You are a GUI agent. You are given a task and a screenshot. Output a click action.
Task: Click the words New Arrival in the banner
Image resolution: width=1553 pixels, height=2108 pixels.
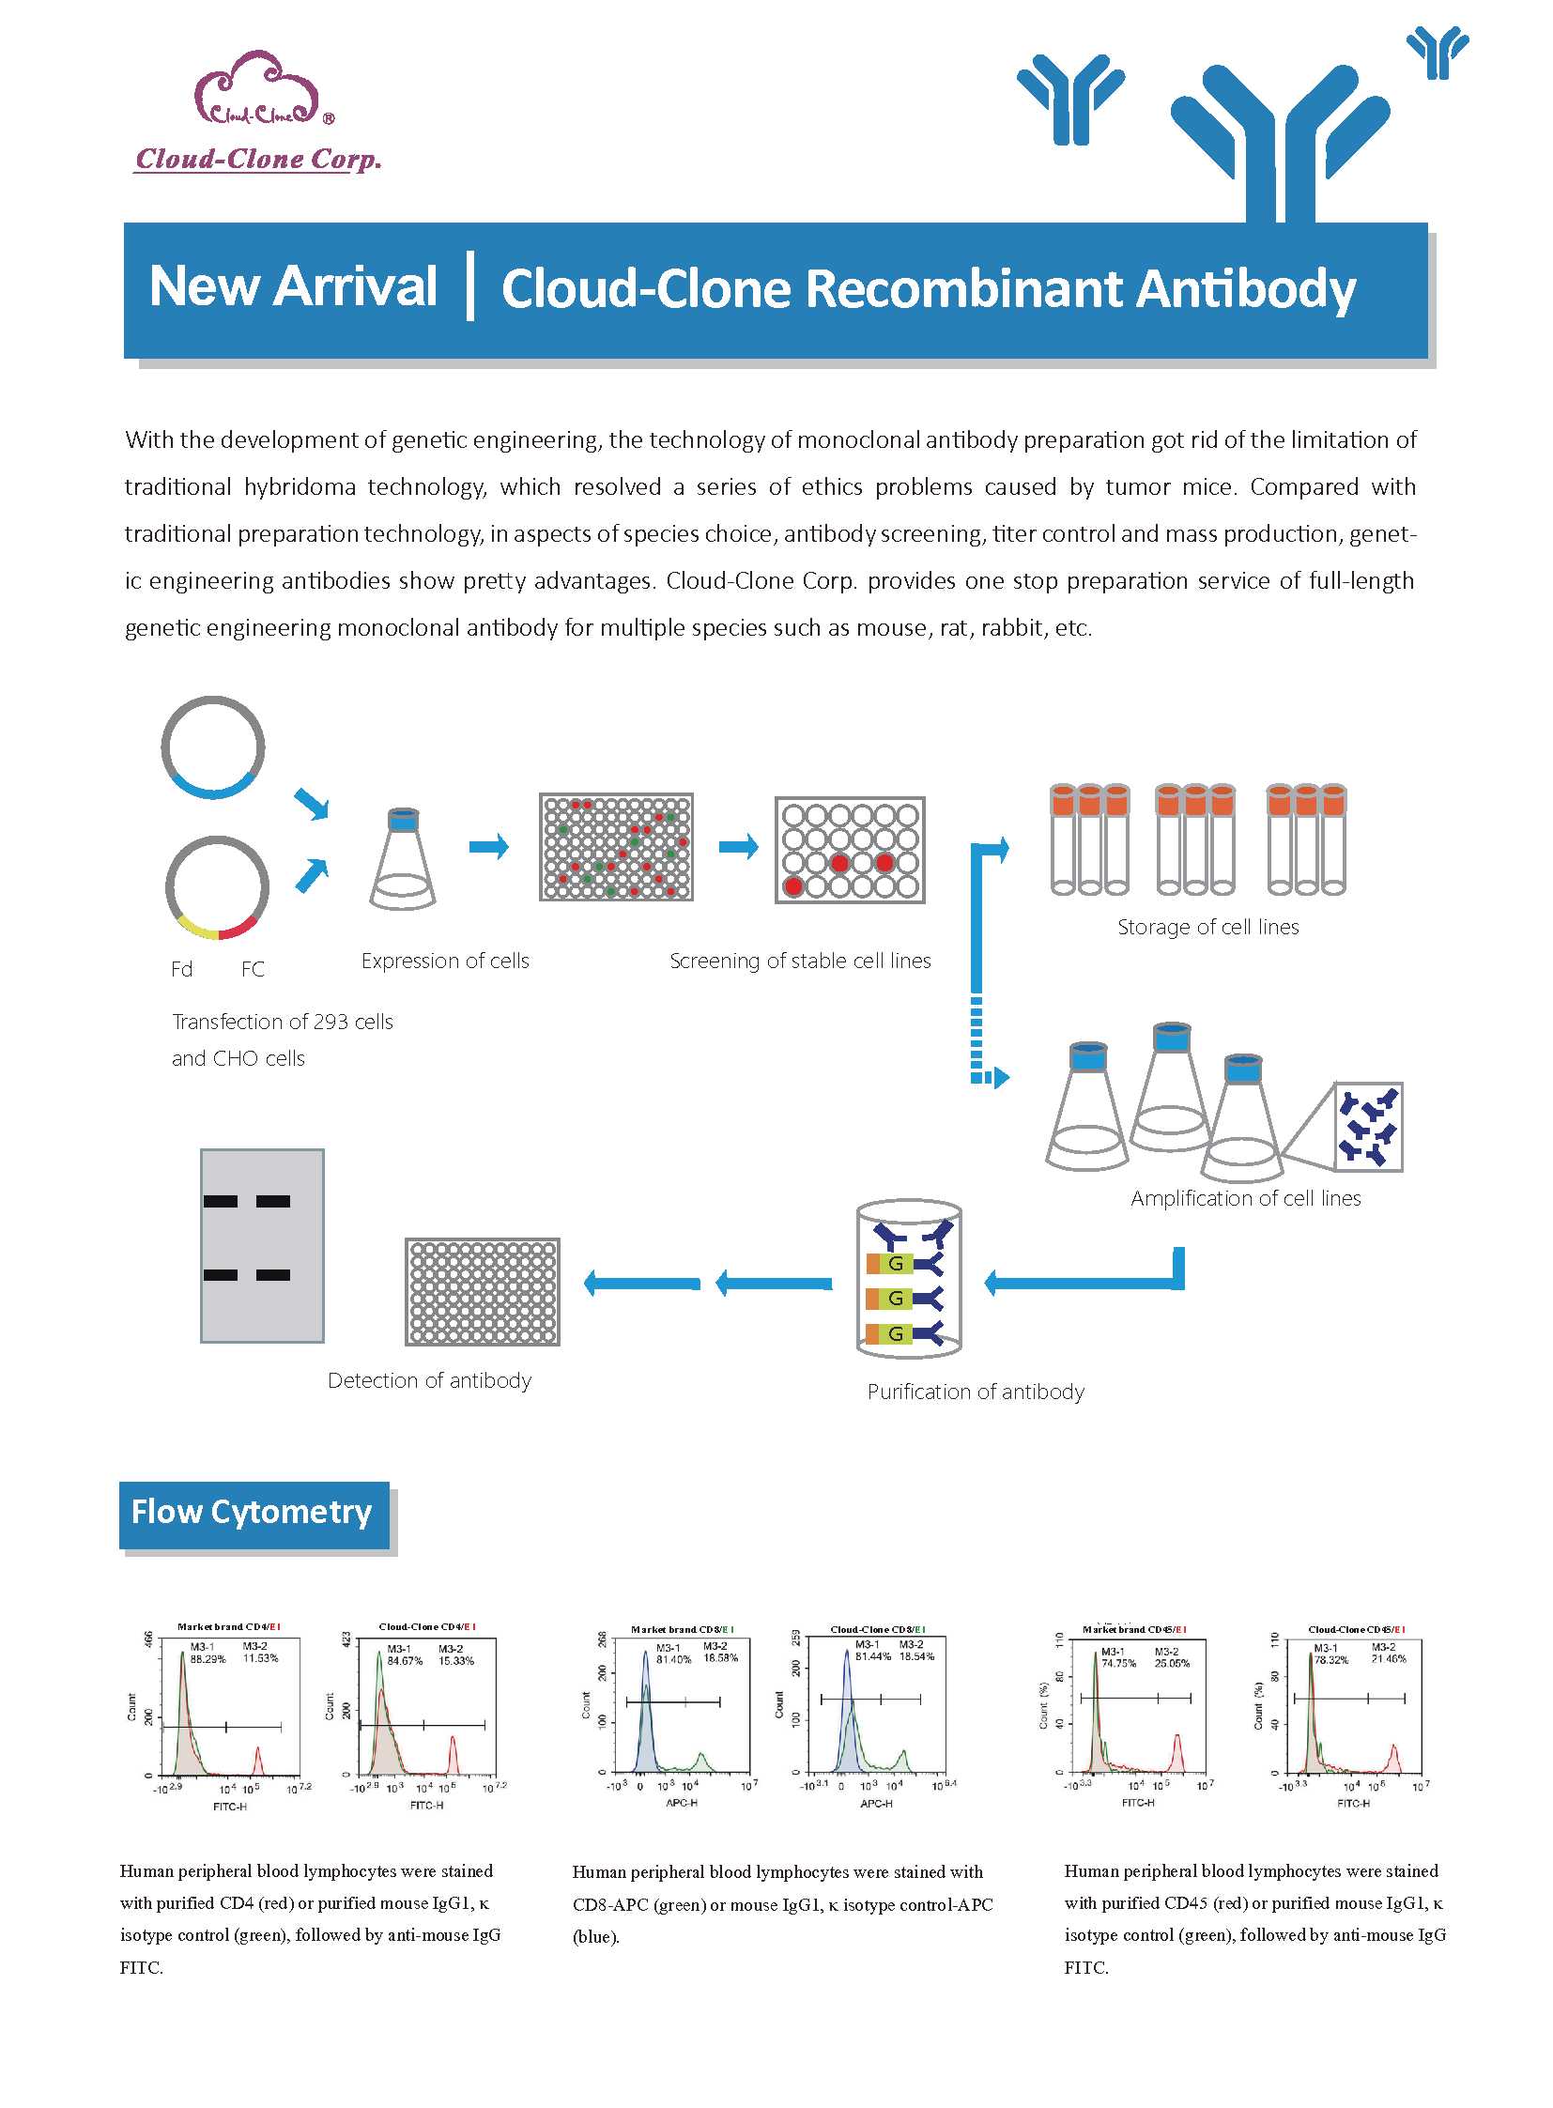coord(293,285)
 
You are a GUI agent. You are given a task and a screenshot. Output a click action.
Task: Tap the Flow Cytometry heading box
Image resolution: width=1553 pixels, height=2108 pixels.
coord(253,1513)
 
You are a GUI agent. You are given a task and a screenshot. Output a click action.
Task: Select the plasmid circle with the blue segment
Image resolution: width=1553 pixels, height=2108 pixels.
coord(212,747)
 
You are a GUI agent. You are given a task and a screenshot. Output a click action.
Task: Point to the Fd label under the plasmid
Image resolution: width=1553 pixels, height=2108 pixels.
coord(181,969)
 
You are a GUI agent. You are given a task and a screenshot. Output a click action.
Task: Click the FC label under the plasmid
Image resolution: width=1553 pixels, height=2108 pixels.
coord(253,969)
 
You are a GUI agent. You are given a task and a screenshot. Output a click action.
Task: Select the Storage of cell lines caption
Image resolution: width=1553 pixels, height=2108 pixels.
coord(1207,927)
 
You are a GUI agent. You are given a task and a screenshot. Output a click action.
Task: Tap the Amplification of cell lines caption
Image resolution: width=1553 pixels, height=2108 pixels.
coord(1245,1199)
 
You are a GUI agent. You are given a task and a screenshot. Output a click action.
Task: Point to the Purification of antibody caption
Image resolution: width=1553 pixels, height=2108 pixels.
coord(975,1392)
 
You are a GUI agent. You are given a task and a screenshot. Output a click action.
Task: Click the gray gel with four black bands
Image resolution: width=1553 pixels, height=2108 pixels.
coord(262,1245)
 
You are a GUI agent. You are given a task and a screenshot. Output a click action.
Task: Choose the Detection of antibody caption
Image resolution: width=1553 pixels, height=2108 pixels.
coord(429,1380)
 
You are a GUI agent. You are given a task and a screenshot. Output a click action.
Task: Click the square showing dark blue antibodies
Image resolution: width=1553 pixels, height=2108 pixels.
coord(1368,1127)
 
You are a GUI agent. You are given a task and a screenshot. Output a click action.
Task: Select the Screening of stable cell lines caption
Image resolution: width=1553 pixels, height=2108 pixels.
coord(800,961)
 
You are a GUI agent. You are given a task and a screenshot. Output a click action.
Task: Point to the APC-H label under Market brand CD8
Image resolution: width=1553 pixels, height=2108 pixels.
coord(682,1803)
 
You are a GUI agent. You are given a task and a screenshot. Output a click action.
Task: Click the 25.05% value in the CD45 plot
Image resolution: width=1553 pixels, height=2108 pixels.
coord(1172,1663)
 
